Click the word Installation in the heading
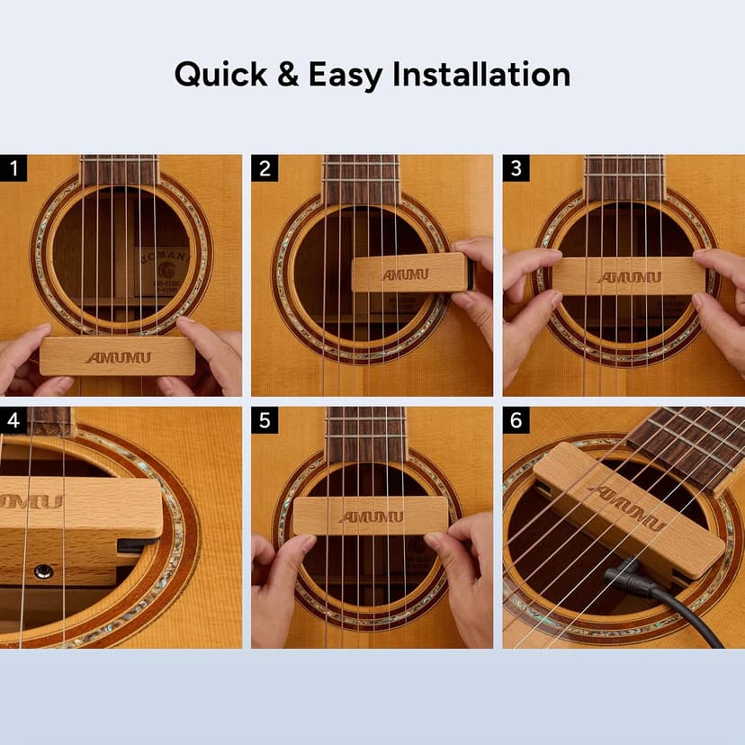pyautogui.click(x=482, y=75)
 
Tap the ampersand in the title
pyautogui.click(x=288, y=75)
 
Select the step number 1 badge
pyautogui.click(x=13, y=168)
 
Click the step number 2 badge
pyautogui.click(x=265, y=168)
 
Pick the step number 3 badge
pyautogui.click(x=516, y=168)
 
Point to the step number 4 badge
pyautogui.click(x=13, y=420)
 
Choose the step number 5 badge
pyautogui.click(x=265, y=420)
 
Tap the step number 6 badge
pyautogui.click(x=516, y=420)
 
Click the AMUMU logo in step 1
pyautogui.click(x=118, y=357)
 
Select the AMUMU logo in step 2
pyautogui.click(x=405, y=274)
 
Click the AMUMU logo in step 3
pyautogui.click(x=629, y=277)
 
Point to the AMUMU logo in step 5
pyautogui.click(x=371, y=516)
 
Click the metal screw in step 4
pyautogui.click(x=41, y=570)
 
